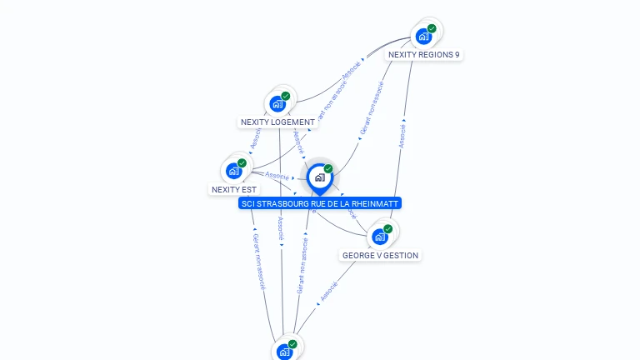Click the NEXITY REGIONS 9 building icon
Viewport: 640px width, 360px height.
pos(424,37)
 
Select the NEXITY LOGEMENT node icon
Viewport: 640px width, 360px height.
pos(277,105)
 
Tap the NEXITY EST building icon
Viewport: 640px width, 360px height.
pos(234,171)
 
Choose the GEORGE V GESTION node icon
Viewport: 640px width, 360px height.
pos(380,237)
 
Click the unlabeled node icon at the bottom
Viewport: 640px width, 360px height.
pos(285,352)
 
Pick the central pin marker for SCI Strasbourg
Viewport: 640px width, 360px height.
pos(319,177)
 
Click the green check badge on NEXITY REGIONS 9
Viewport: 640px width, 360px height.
pos(432,28)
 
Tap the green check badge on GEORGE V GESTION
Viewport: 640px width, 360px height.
pos(388,228)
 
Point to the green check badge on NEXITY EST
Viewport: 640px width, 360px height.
pos(242,163)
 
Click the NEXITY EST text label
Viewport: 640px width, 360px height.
pos(233,190)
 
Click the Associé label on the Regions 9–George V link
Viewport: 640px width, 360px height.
pos(402,137)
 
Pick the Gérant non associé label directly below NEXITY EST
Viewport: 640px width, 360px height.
pos(259,261)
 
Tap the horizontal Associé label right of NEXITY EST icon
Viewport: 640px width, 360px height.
pos(277,176)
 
